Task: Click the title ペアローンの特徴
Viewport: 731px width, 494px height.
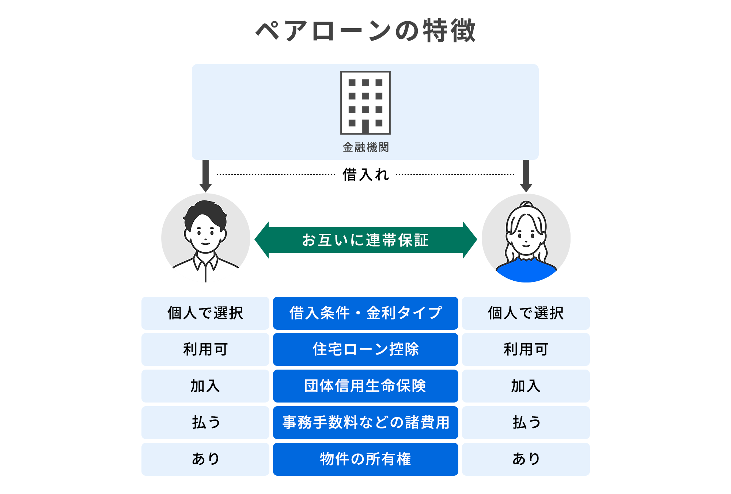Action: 365,31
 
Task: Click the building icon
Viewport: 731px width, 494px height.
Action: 365,103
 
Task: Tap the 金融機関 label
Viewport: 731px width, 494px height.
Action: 365,147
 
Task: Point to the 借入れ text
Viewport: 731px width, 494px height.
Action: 365,175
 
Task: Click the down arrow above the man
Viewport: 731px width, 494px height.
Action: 206,176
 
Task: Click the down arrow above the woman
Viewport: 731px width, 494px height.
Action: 526,176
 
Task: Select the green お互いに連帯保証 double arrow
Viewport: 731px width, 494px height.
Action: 365,240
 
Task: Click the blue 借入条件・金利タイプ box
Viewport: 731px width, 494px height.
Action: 365,313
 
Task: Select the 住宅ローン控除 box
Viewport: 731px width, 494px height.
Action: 365,349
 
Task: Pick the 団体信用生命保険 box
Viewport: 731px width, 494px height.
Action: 365,386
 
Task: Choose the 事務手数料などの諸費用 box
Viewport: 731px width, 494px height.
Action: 365,423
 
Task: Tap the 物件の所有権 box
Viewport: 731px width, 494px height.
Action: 365,459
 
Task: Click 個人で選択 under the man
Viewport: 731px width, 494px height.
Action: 205,313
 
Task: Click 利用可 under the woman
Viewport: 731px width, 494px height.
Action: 526,349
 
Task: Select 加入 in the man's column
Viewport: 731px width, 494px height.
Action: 205,386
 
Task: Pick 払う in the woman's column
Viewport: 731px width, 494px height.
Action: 526,423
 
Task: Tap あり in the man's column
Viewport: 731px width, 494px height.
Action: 205,459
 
